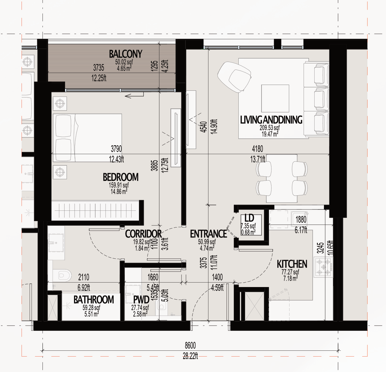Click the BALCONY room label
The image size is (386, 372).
125,54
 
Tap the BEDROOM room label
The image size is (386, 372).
121,177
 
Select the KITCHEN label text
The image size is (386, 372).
292,264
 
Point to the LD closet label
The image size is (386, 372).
249,218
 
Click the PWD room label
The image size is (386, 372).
141,300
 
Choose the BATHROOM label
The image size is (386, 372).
94,300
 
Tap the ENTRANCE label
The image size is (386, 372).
208,234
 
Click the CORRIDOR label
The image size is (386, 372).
143,234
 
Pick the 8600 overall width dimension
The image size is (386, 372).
190,345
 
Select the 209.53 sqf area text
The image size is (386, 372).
270,127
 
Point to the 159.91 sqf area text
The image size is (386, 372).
119,185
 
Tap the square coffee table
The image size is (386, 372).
275,98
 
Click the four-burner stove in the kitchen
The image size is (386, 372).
324,267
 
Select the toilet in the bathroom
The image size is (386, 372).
62,275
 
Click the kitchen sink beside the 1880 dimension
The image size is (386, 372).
299,219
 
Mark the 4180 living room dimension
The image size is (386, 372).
257,149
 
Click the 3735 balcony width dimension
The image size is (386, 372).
98,68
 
